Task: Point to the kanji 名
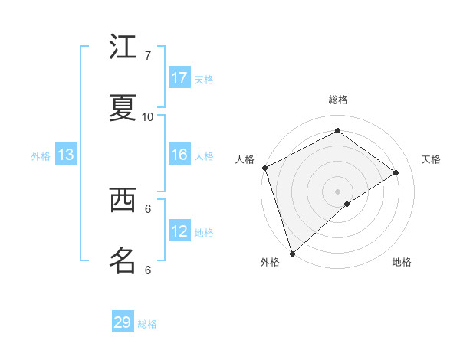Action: pyautogui.click(x=123, y=260)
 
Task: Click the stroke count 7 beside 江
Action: pyautogui.click(x=148, y=56)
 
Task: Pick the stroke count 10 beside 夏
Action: pyautogui.click(x=148, y=117)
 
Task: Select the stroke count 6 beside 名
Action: pyautogui.click(x=148, y=270)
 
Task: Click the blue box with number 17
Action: pyautogui.click(x=179, y=78)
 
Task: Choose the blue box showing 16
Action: pyautogui.click(x=179, y=155)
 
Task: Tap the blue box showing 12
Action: pyautogui.click(x=179, y=231)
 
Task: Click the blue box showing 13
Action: pyautogui.click(x=66, y=155)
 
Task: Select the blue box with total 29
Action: pyautogui.click(x=123, y=322)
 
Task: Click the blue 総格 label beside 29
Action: pyautogui.click(x=148, y=324)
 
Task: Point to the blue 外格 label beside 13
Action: pyautogui.click(x=41, y=156)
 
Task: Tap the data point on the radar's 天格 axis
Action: pyautogui.click(x=396, y=172)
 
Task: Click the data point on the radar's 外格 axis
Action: pyautogui.click(x=292, y=253)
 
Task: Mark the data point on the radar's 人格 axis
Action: pyautogui.click(x=264, y=168)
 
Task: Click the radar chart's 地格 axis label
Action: pyautogui.click(x=402, y=262)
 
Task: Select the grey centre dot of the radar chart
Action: pyautogui.click(x=337, y=191)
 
